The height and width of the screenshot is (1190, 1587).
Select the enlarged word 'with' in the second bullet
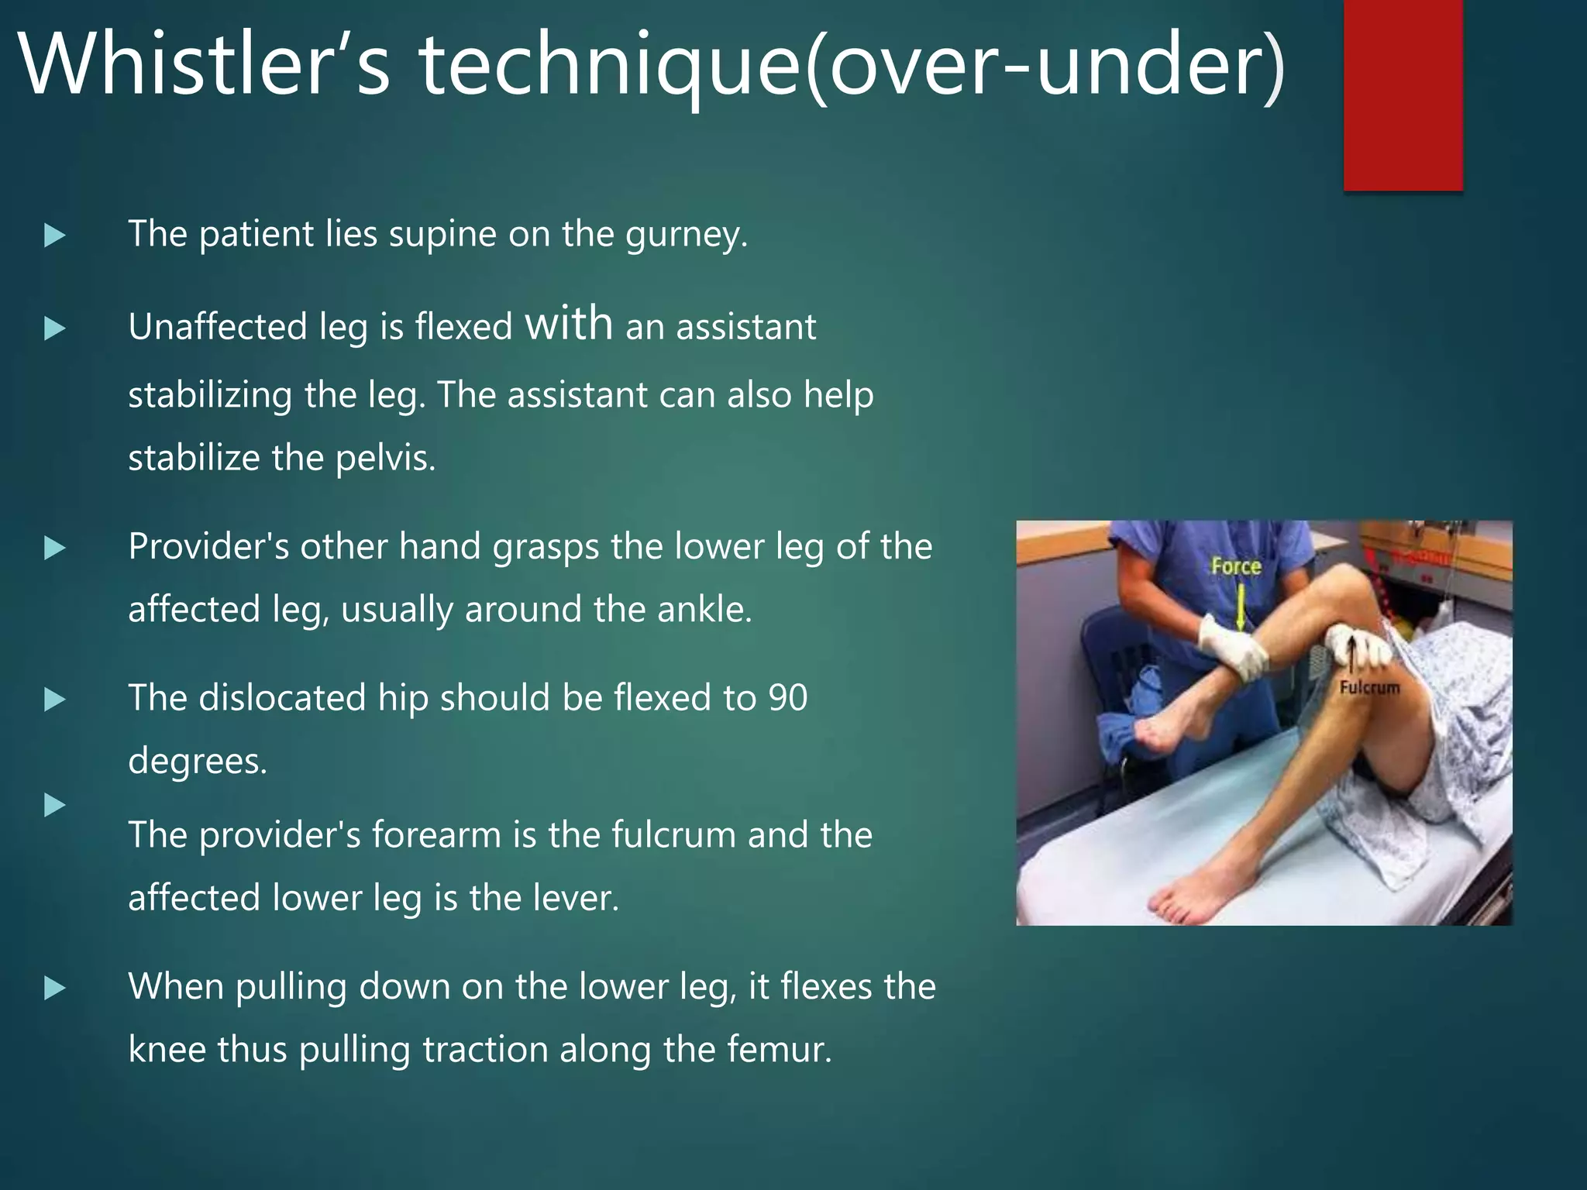pos(569,323)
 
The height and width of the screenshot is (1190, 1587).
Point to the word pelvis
pos(384,459)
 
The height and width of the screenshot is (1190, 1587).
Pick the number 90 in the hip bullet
pos(787,698)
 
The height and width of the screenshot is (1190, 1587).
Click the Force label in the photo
pos(1236,566)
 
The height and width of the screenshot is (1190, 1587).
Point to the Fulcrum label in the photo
pos(1369,687)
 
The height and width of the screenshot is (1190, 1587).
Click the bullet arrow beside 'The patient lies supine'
pos(54,236)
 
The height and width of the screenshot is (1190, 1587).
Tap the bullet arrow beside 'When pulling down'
pos(54,989)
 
